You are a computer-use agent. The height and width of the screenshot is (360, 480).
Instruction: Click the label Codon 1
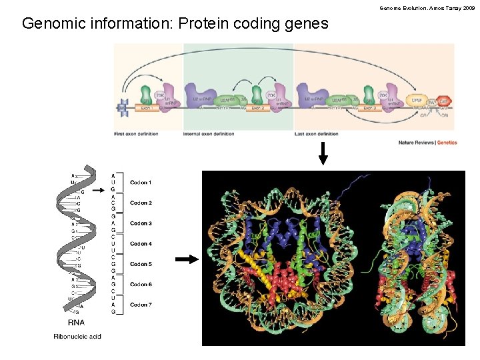(141, 183)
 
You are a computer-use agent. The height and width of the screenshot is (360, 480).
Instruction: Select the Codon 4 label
(141, 244)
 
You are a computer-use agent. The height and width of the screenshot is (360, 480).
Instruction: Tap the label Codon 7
(141, 305)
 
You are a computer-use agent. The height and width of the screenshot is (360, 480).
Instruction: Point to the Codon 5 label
(141, 264)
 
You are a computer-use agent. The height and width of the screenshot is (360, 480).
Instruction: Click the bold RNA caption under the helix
(75, 323)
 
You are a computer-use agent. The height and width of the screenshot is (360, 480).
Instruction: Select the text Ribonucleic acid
(77, 337)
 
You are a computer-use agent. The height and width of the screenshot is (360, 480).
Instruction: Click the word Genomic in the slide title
(55, 24)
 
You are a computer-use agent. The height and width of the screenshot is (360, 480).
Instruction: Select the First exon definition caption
(136, 134)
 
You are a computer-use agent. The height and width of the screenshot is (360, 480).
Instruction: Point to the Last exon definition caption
(317, 134)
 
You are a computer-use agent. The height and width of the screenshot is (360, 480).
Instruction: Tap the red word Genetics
(447, 143)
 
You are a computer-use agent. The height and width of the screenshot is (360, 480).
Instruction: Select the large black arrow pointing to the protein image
(187, 260)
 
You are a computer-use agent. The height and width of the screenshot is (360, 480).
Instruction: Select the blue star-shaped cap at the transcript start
(123, 107)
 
